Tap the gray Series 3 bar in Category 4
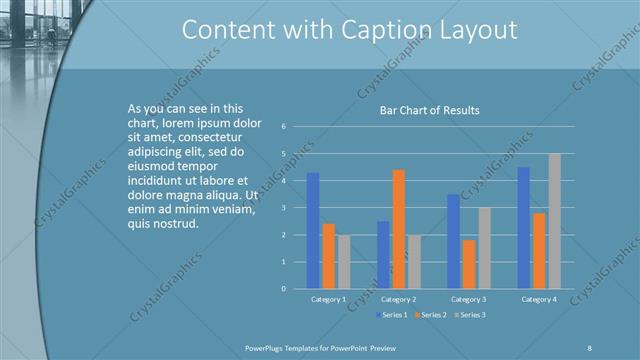click(x=554, y=221)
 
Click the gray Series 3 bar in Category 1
click(x=344, y=262)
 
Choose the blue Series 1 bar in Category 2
click(x=383, y=255)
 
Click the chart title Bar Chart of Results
click(x=429, y=110)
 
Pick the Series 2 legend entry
click(x=430, y=315)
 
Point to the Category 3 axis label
click(x=469, y=299)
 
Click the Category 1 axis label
click(x=329, y=299)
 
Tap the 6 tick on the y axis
click(x=285, y=127)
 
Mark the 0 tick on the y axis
click(x=285, y=289)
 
